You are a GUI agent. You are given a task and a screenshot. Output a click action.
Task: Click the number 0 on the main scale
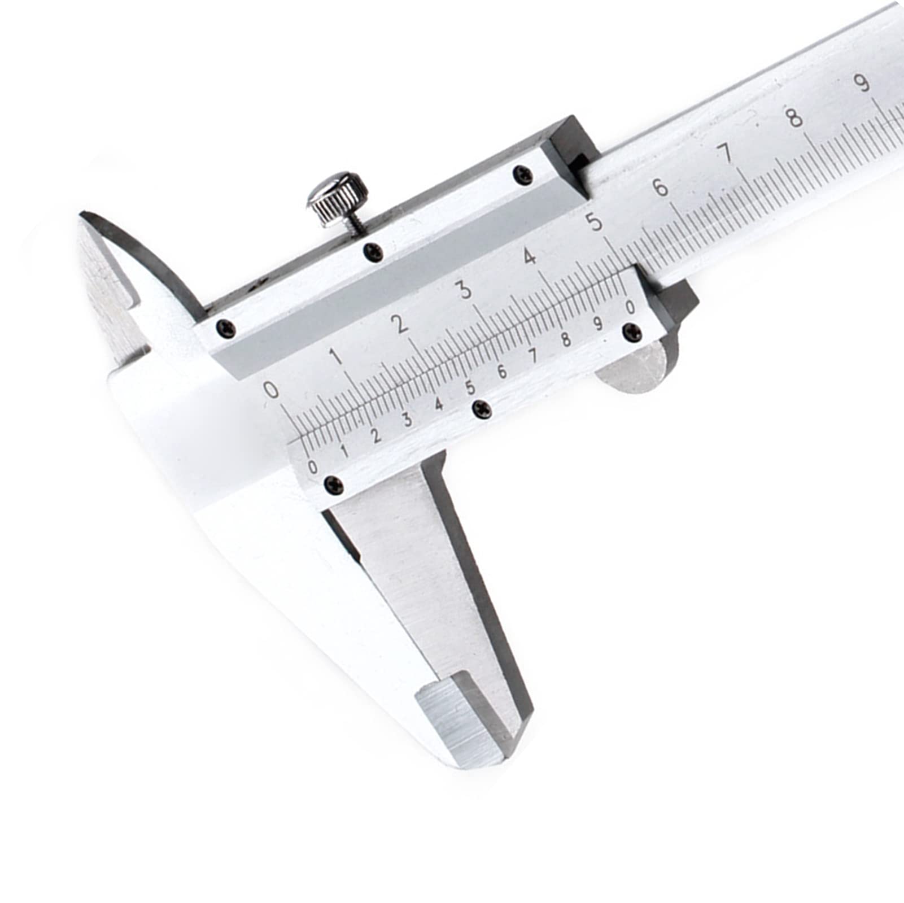coord(272,389)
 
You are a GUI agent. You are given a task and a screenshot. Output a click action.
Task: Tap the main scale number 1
coord(336,356)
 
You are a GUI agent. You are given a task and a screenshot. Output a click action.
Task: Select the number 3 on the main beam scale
coord(465,290)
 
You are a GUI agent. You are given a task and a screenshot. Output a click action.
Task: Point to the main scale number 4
coord(529,257)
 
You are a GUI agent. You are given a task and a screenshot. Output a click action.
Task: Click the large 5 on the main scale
coord(595,223)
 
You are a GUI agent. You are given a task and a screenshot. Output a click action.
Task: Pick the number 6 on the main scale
coord(661,187)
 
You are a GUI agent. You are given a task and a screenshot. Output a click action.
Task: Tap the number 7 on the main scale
coord(726,153)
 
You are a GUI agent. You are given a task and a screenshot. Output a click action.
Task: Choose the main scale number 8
coord(794,118)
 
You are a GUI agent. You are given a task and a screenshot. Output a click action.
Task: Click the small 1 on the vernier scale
coord(344,451)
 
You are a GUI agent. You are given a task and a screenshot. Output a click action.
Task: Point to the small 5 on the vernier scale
coord(470,387)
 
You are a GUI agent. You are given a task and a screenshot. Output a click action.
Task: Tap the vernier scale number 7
coord(532,355)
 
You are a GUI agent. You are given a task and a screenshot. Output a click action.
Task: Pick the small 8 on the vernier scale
coord(565,339)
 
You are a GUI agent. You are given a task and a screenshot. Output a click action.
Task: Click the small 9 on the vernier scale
coord(597,323)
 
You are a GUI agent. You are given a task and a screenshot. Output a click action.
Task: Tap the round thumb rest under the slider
coord(632,370)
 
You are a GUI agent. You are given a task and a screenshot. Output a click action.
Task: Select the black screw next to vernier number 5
coord(481,408)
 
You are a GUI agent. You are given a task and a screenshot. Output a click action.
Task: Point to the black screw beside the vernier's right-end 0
coord(632,331)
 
